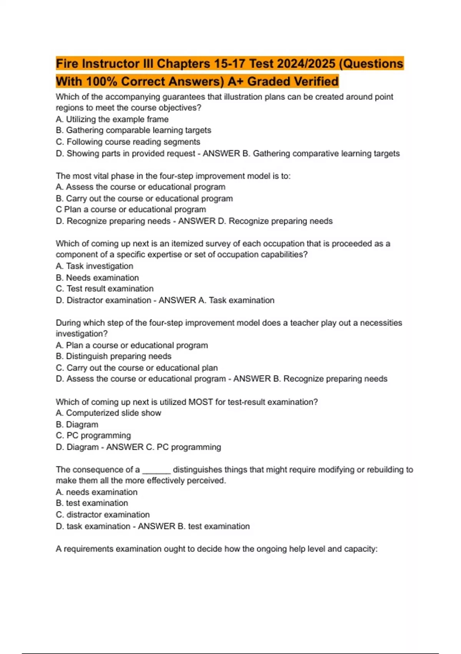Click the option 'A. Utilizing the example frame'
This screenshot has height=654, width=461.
click(x=112, y=119)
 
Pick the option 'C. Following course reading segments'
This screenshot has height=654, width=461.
click(x=128, y=142)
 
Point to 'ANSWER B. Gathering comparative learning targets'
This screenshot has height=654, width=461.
click(x=301, y=153)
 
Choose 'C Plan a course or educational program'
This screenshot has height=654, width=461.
click(x=131, y=210)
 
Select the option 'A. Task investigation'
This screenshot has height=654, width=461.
click(x=95, y=266)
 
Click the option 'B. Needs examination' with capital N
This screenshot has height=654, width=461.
click(x=97, y=278)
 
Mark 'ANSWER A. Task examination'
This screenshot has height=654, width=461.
click(x=217, y=300)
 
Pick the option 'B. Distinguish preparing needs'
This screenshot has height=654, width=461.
click(x=114, y=356)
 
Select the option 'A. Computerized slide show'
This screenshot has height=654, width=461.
click(x=108, y=413)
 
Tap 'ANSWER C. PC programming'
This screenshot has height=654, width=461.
click(x=164, y=447)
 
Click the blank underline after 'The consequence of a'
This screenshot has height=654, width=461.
click(x=156, y=470)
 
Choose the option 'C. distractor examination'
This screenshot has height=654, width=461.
click(x=103, y=515)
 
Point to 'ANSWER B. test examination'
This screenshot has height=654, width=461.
click(x=194, y=526)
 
